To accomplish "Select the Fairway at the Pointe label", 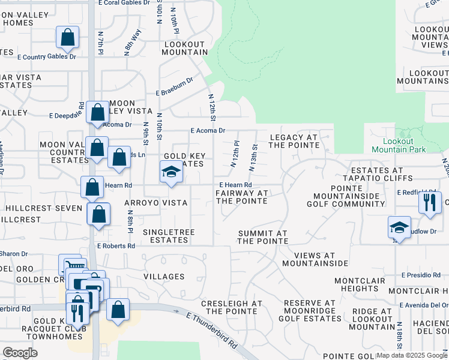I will coord(242,196).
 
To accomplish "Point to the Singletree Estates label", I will coord(166,235).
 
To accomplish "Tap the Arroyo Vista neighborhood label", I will coord(156,203).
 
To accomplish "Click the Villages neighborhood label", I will coord(164,277).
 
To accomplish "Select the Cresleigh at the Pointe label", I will coord(232,307).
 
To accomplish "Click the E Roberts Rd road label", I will coord(116,246).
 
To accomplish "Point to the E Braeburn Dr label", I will coord(175,87).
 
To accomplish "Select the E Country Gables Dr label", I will coord(47,57).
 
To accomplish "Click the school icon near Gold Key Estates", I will coord(171,173).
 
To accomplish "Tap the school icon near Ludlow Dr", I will coord(399,227).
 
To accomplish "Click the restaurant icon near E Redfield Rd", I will coord(430,202).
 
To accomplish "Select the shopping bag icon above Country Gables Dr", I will coord(68,37).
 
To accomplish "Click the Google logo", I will coord(20,353).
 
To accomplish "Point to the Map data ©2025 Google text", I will coord(412,355).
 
